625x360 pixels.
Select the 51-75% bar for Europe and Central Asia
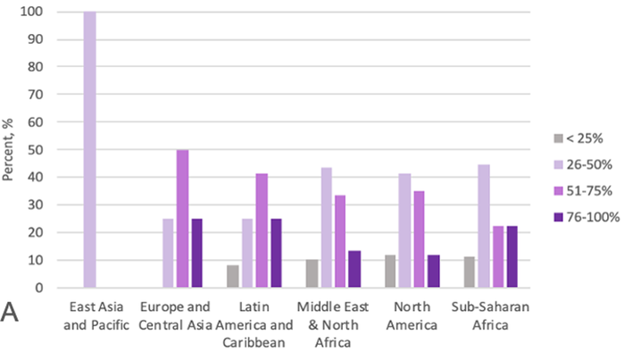point(183,219)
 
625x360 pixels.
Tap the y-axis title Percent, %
point(9,149)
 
